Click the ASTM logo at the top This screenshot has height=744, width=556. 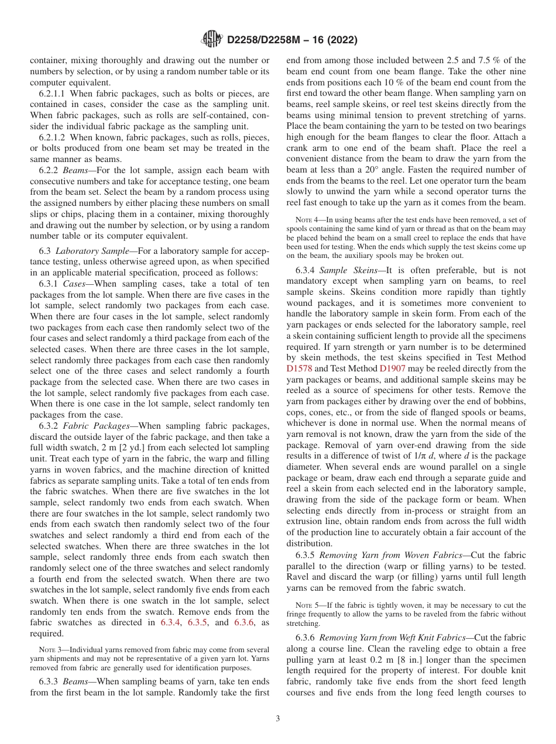[x=211, y=40]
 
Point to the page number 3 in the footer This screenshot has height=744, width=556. [x=278, y=719]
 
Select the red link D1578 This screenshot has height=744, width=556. [x=297, y=368]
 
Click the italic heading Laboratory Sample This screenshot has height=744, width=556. [x=92, y=250]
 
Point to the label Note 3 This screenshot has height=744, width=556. [x=50, y=650]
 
